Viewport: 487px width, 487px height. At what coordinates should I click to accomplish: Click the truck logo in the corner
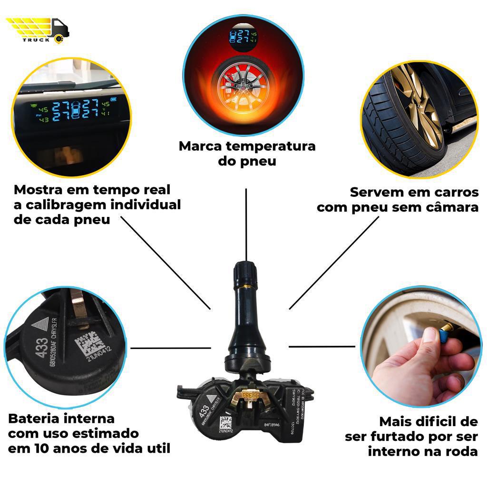coord(38,29)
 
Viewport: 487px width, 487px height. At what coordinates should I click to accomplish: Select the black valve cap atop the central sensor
coord(245,273)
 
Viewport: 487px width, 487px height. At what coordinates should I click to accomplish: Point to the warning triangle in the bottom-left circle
coord(41,326)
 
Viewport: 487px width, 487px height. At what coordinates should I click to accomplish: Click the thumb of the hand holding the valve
coord(430,339)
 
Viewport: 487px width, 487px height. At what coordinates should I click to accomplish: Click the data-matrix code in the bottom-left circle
coord(87,345)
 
